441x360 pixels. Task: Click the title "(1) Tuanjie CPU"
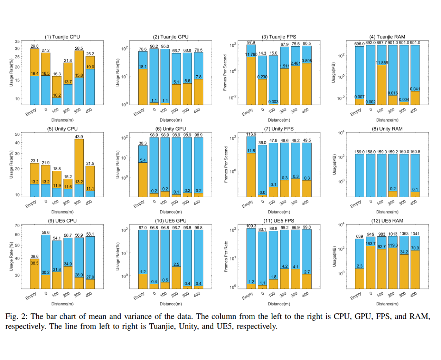(62, 37)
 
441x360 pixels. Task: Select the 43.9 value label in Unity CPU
(79, 137)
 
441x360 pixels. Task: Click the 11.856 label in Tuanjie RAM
(382, 63)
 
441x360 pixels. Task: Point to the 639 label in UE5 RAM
(359, 237)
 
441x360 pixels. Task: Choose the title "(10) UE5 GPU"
(171, 221)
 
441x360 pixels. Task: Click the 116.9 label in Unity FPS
(251, 134)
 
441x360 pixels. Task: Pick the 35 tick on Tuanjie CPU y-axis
(17, 41)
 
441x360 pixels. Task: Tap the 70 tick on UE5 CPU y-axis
(17, 226)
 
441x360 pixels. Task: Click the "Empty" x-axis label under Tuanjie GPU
(139, 112)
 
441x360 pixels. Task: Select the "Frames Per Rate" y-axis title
(226, 256)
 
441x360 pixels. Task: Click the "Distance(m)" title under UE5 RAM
(387, 304)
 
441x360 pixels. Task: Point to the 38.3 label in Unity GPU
(143, 143)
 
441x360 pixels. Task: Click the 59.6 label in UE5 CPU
(46, 233)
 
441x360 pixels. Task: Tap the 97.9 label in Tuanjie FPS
(251, 43)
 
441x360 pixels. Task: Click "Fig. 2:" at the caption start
(16, 316)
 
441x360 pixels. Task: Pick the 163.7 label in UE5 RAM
(370, 244)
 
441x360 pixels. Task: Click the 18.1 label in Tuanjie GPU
(143, 67)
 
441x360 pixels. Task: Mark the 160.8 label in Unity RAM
(415, 152)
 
